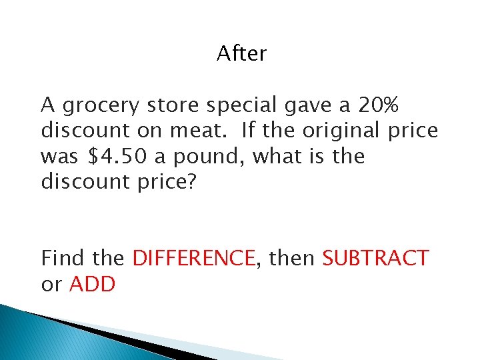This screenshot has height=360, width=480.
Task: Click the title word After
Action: click(x=241, y=54)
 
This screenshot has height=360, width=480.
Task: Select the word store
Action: click(x=174, y=105)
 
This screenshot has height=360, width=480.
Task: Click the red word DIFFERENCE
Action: click(x=194, y=258)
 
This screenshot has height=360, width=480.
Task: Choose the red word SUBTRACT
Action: click(x=375, y=258)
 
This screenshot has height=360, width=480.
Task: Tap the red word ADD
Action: click(x=93, y=285)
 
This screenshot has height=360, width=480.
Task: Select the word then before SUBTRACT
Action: click(x=291, y=258)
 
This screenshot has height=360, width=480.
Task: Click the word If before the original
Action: click(x=249, y=131)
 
